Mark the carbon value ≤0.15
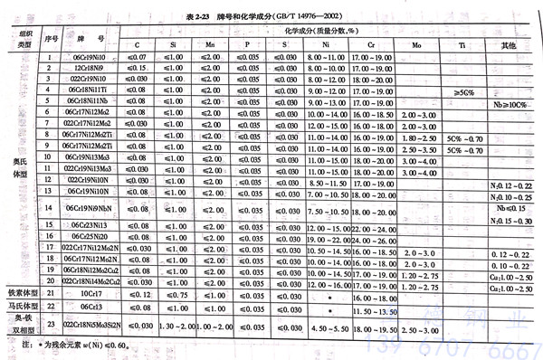136,68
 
